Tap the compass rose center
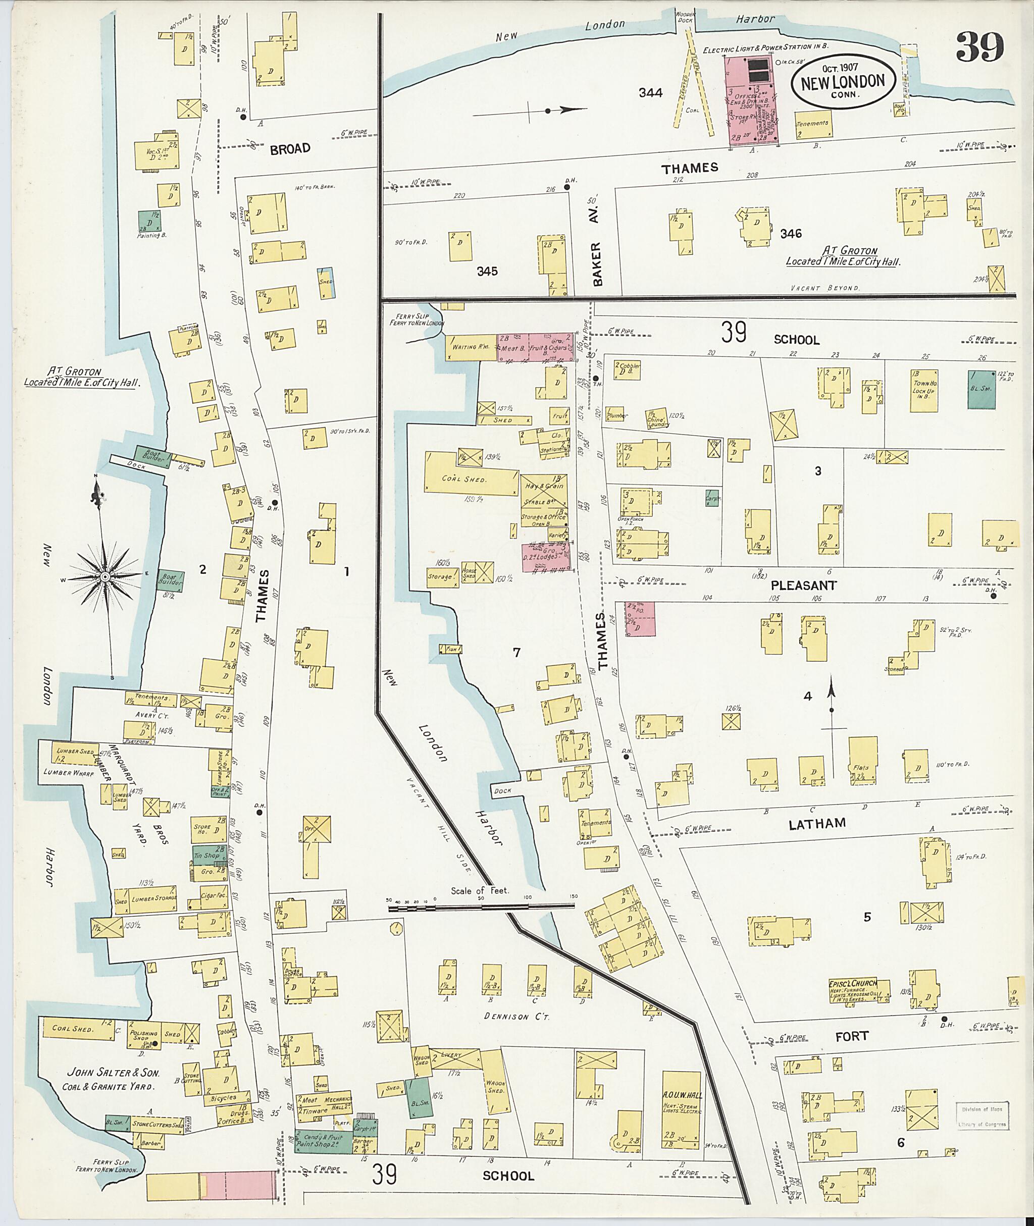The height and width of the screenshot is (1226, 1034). pyautogui.click(x=105, y=577)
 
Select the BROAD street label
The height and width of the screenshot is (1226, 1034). pyautogui.click(x=290, y=149)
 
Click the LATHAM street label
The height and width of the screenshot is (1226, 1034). pyautogui.click(x=816, y=823)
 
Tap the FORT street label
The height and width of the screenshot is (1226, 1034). pyautogui.click(x=852, y=1036)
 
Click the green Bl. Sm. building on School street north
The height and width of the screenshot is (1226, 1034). pyautogui.click(x=981, y=389)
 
